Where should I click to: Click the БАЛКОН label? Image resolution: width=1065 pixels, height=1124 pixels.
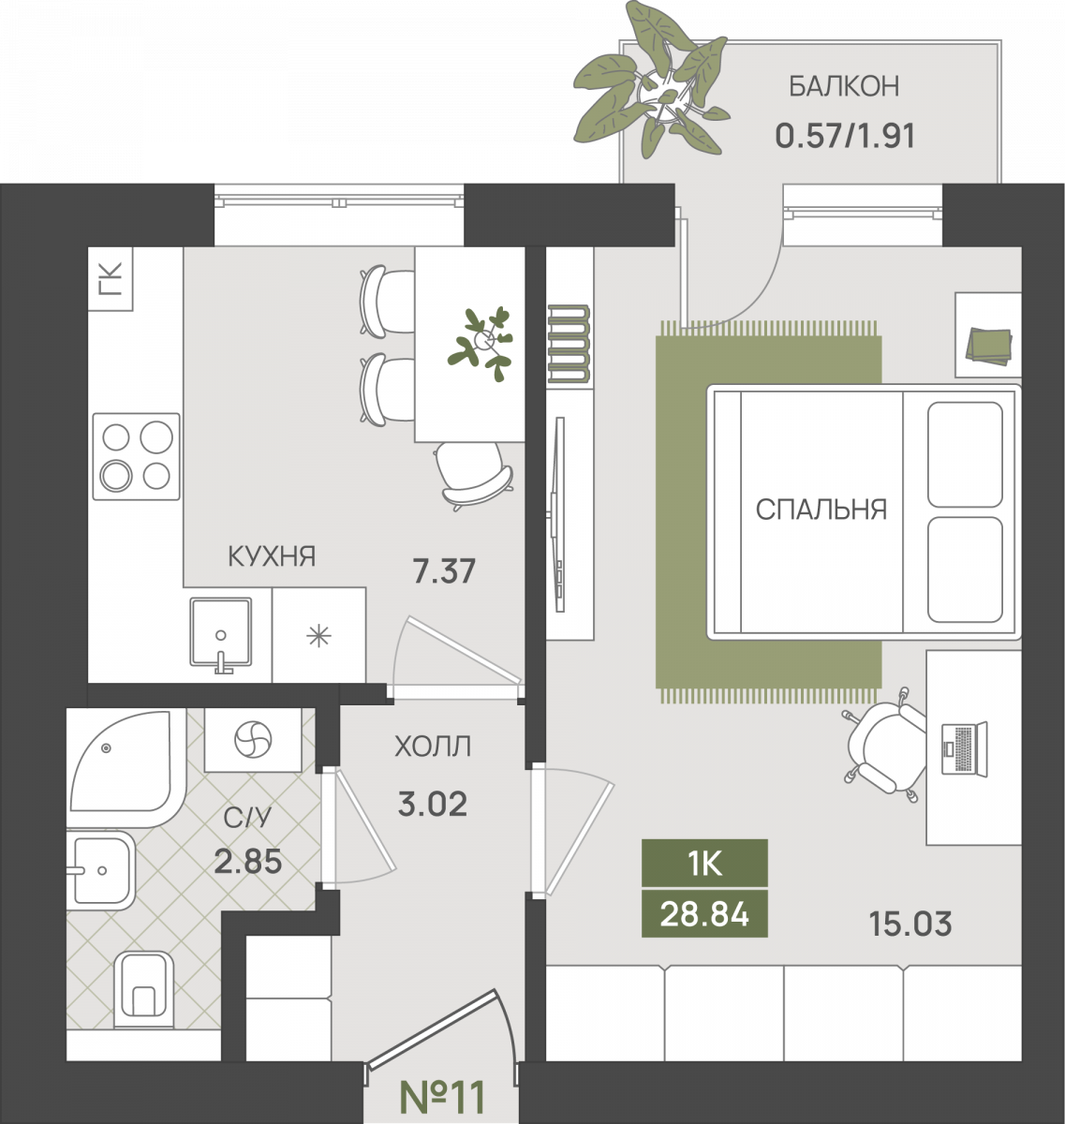coord(844,86)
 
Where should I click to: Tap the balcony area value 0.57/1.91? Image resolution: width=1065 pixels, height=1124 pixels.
coord(845,136)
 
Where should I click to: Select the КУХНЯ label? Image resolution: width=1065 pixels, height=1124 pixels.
coord(272,555)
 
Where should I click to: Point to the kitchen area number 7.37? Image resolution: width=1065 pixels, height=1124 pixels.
coord(444,571)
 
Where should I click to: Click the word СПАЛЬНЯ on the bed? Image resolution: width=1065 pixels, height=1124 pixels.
coord(821,510)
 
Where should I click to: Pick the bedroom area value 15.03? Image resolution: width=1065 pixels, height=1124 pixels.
coord(910,924)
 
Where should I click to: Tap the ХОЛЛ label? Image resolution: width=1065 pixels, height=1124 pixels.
coord(433,747)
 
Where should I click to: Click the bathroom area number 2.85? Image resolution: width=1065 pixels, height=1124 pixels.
coord(248,861)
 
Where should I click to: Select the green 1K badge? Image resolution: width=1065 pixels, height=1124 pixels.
coord(704,864)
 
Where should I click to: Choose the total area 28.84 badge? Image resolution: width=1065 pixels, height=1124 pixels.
coord(704,913)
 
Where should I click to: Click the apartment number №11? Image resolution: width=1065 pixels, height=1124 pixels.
coord(442,1097)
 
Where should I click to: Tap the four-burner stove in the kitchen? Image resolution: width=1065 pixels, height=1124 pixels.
coord(136,457)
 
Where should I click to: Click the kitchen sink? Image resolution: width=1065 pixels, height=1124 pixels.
coord(221,632)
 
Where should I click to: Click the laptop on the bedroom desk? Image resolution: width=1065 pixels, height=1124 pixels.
coord(965,749)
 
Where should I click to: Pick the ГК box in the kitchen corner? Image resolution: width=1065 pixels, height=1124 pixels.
coord(111,278)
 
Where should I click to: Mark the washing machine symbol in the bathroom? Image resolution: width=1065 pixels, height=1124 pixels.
coord(253,740)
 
